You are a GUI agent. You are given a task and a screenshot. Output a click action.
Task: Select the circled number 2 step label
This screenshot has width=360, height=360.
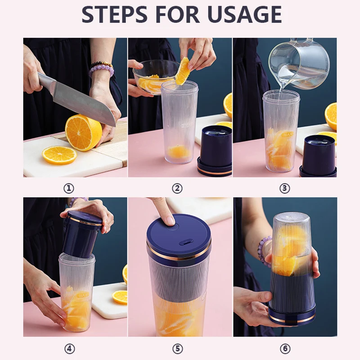click(x=177, y=188)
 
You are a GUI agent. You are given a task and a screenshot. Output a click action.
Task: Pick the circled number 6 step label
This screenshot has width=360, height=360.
click(x=285, y=348)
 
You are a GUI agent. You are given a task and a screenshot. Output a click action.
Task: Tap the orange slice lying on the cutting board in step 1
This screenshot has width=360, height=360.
click(x=59, y=155)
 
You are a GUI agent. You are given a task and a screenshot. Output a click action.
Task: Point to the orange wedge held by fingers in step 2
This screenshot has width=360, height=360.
click(x=183, y=72)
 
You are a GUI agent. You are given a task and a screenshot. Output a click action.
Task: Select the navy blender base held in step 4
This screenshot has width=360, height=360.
click(x=81, y=234)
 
